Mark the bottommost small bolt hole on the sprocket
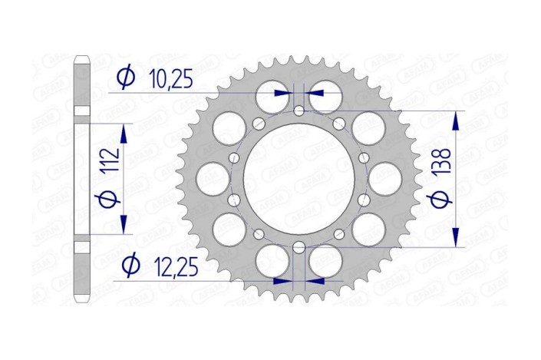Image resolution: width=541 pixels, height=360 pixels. click(x=299, y=248)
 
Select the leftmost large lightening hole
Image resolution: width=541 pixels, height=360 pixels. click(x=211, y=180)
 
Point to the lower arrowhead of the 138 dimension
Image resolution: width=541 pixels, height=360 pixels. click(x=457, y=239)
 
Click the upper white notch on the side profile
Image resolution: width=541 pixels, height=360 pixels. click(x=82, y=112)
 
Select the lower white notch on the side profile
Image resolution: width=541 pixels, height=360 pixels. click(x=82, y=247)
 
